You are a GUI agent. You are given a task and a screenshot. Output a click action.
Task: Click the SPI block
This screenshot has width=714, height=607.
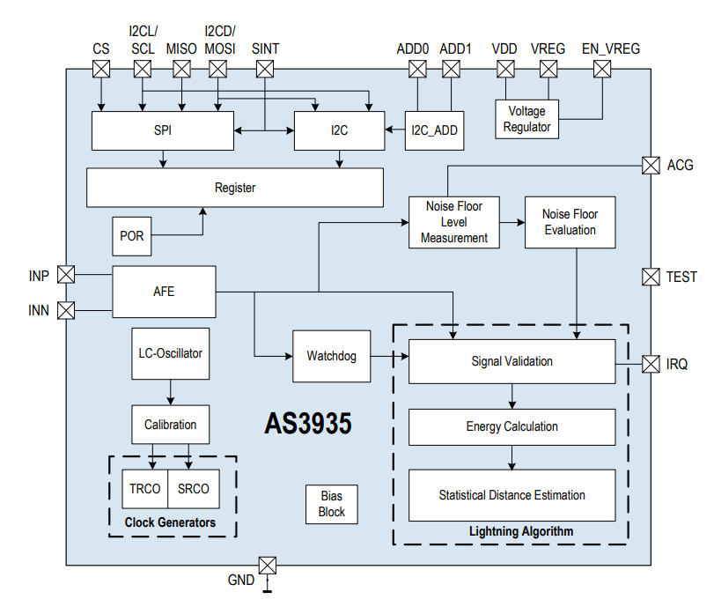[162, 130]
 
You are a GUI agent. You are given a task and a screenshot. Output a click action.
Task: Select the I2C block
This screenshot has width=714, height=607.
[339, 130]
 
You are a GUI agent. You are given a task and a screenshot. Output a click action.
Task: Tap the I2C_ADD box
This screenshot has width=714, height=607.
[434, 130]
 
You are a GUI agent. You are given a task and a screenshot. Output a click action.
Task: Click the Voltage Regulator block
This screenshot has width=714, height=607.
[526, 119]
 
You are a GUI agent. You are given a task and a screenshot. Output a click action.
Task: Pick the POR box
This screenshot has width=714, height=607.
[132, 235]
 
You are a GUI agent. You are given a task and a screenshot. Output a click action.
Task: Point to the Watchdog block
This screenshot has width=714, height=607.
[331, 356]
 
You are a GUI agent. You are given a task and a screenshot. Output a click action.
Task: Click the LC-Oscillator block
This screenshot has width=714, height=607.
[170, 353]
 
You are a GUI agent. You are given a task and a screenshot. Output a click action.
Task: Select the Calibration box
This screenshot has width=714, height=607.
[170, 424]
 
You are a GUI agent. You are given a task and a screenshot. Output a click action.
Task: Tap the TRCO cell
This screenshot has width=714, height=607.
[144, 489]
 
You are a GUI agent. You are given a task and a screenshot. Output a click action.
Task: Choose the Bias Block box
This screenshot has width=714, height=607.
[332, 505]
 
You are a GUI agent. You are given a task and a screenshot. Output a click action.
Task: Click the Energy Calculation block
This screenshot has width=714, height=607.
[512, 426]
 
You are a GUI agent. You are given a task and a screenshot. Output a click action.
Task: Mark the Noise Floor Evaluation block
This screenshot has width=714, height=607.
[570, 222]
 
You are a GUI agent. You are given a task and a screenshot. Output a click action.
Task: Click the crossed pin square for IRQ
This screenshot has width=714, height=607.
[651, 363]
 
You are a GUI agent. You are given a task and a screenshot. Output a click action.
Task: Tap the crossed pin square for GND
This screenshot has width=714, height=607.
[268, 565]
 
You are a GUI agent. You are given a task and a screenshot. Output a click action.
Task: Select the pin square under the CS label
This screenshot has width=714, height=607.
[101, 69]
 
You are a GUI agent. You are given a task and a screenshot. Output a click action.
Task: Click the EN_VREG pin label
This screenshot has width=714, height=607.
[610, 48]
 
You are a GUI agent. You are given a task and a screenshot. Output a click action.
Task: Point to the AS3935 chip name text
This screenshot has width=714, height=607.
[308, 424]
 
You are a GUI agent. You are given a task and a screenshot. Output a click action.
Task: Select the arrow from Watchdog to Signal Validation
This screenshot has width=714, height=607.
[389, 356]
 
